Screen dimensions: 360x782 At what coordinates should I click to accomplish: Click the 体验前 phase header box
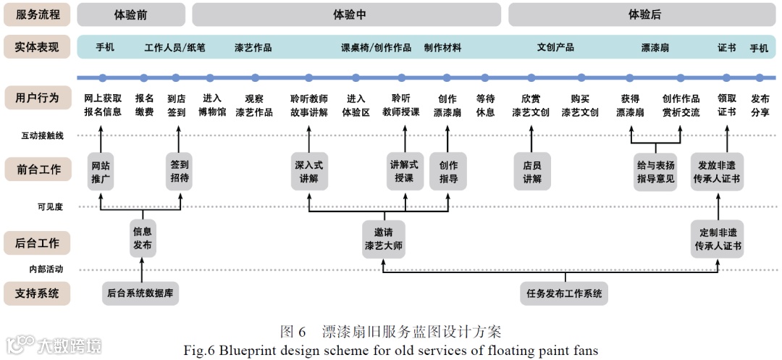pyautogui.click(x=130, y=14)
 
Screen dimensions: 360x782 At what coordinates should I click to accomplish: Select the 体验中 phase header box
pyautogui.click(x=347, y=14)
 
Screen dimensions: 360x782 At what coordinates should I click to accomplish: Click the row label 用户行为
pyautogui.click(x=37, y=98)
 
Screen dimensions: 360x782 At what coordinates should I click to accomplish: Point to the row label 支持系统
pyautogui.click(x=37, y=294)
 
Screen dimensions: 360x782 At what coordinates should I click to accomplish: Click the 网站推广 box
pyautogui.click(x=101, y=172)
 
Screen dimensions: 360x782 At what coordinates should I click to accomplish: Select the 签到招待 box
pyautogui.click(x=179, y=172)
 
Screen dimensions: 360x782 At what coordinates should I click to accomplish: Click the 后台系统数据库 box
pyautogui.click(x=141, y=293)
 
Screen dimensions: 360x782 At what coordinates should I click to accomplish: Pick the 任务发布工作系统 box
pyautogui.click(x=564, y=293)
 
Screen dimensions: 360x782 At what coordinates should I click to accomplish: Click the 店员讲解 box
pyautogui.click(x=532, y=172)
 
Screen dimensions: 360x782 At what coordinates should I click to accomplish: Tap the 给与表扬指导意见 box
pyautogui.click(x=655, y=172)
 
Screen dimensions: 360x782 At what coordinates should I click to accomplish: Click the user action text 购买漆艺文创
pyautogui.click(x=580, y=105)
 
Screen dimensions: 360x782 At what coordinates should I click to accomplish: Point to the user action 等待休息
pyautogui.click(x=485, y=105)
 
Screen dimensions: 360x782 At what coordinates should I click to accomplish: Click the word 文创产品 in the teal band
pyautogui.click(x=555, y=48)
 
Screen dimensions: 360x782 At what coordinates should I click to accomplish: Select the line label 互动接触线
pyautogui.click(x=42, y=135)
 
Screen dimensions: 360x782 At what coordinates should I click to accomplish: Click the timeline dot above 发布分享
pyautogui.click(x=760, y=78)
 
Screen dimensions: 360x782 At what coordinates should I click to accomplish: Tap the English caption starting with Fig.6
pyautogui.click(x=391, y=351)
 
